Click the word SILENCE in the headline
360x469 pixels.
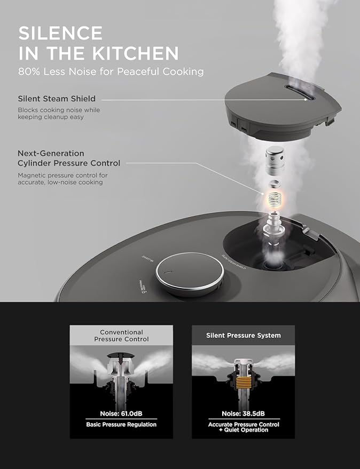[x=60, y=33]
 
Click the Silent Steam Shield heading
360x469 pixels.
[x=57, y=99]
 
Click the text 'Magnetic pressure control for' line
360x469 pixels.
[x=60, y=174]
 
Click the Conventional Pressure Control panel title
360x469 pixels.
[x=122, y=336]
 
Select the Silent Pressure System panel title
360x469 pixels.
[x=243, y=336]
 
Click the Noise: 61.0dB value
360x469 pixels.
[x=121, y=414]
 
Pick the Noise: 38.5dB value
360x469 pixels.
[x=243, y=414]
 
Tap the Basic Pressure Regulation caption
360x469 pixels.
[x=121, y=425]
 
